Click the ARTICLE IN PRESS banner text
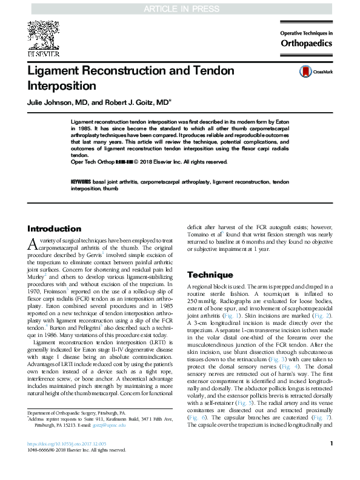click(179, 7)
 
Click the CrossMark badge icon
click(305, 72)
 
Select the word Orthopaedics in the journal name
click(306, 43)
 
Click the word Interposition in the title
click(62, 85)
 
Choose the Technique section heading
click(210, 275)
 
